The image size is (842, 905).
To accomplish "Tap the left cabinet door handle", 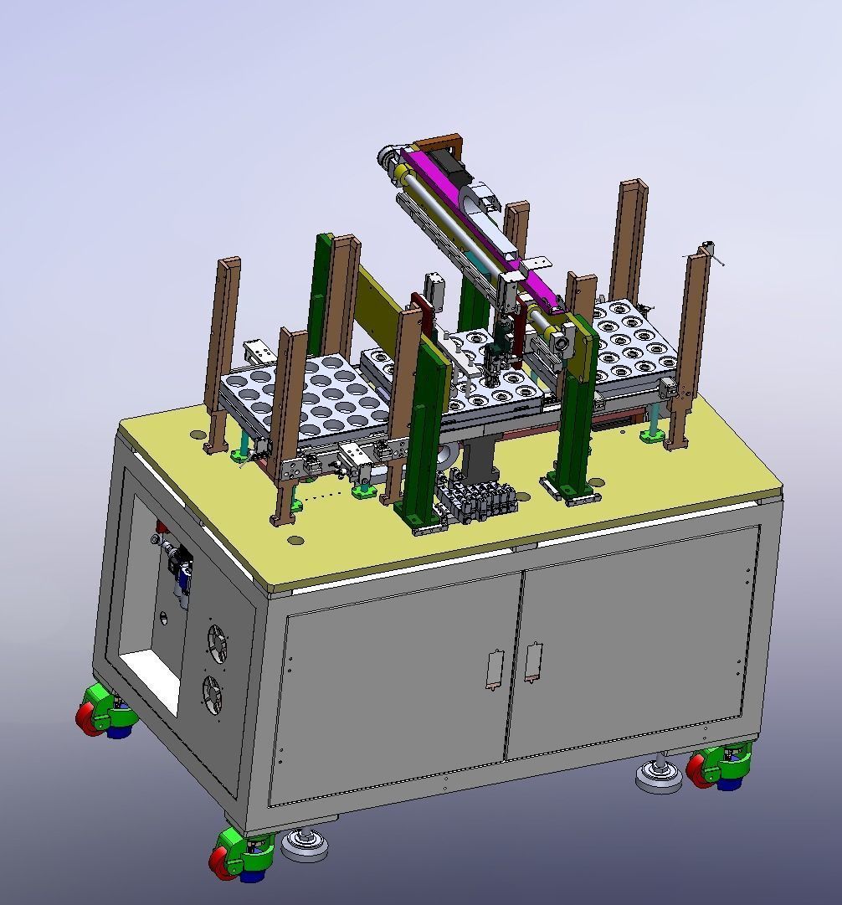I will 493,669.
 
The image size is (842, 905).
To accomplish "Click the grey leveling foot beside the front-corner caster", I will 304,846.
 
